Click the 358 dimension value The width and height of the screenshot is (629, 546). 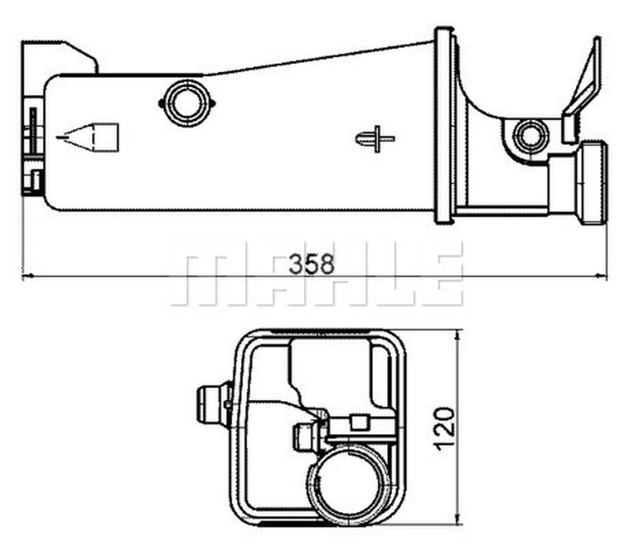311,264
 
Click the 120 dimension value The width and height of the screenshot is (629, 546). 444,427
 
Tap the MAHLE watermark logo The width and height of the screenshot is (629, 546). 315,273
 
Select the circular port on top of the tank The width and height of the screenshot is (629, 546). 186,103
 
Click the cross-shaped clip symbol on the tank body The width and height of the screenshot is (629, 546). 375,139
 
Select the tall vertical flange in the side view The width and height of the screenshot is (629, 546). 444,125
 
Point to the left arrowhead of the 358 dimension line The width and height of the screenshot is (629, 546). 28,277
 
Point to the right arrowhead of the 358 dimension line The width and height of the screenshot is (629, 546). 601,277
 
